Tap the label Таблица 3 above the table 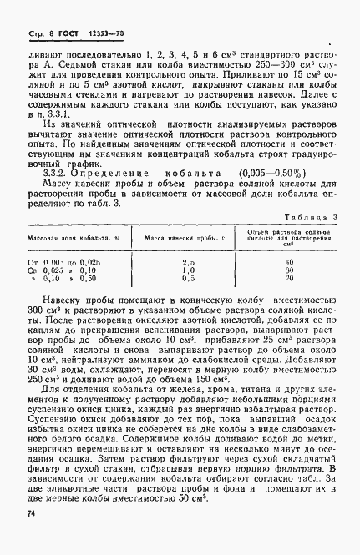[x=310, y=215]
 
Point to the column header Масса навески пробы [x=180, y=238]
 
